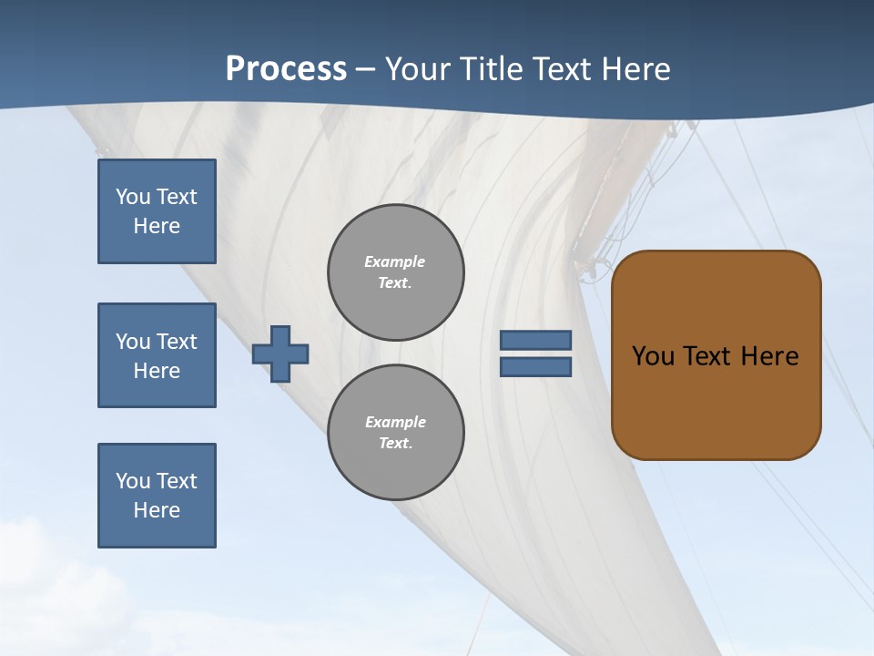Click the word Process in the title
[x=286, y=68]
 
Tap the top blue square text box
[x=157, y=211]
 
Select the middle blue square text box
[x=157, y=355]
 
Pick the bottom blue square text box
[x=157, y=496]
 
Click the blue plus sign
[x=280, y=354]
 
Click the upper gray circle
[x=396, y=272]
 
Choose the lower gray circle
[x=396, y=433]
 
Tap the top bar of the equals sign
[x=535, y=340]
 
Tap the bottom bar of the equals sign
[x=535, y=366]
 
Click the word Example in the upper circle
[x=394, y=261]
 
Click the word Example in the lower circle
[x=395, y=422]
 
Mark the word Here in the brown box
[x=769, y=356]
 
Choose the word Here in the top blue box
[x=157, y=226]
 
